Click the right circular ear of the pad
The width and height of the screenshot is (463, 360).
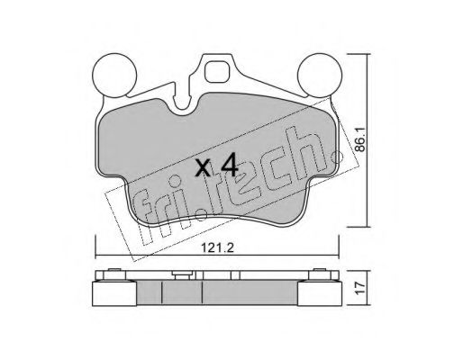[317, 70]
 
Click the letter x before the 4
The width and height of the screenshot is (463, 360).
[203, 167]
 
